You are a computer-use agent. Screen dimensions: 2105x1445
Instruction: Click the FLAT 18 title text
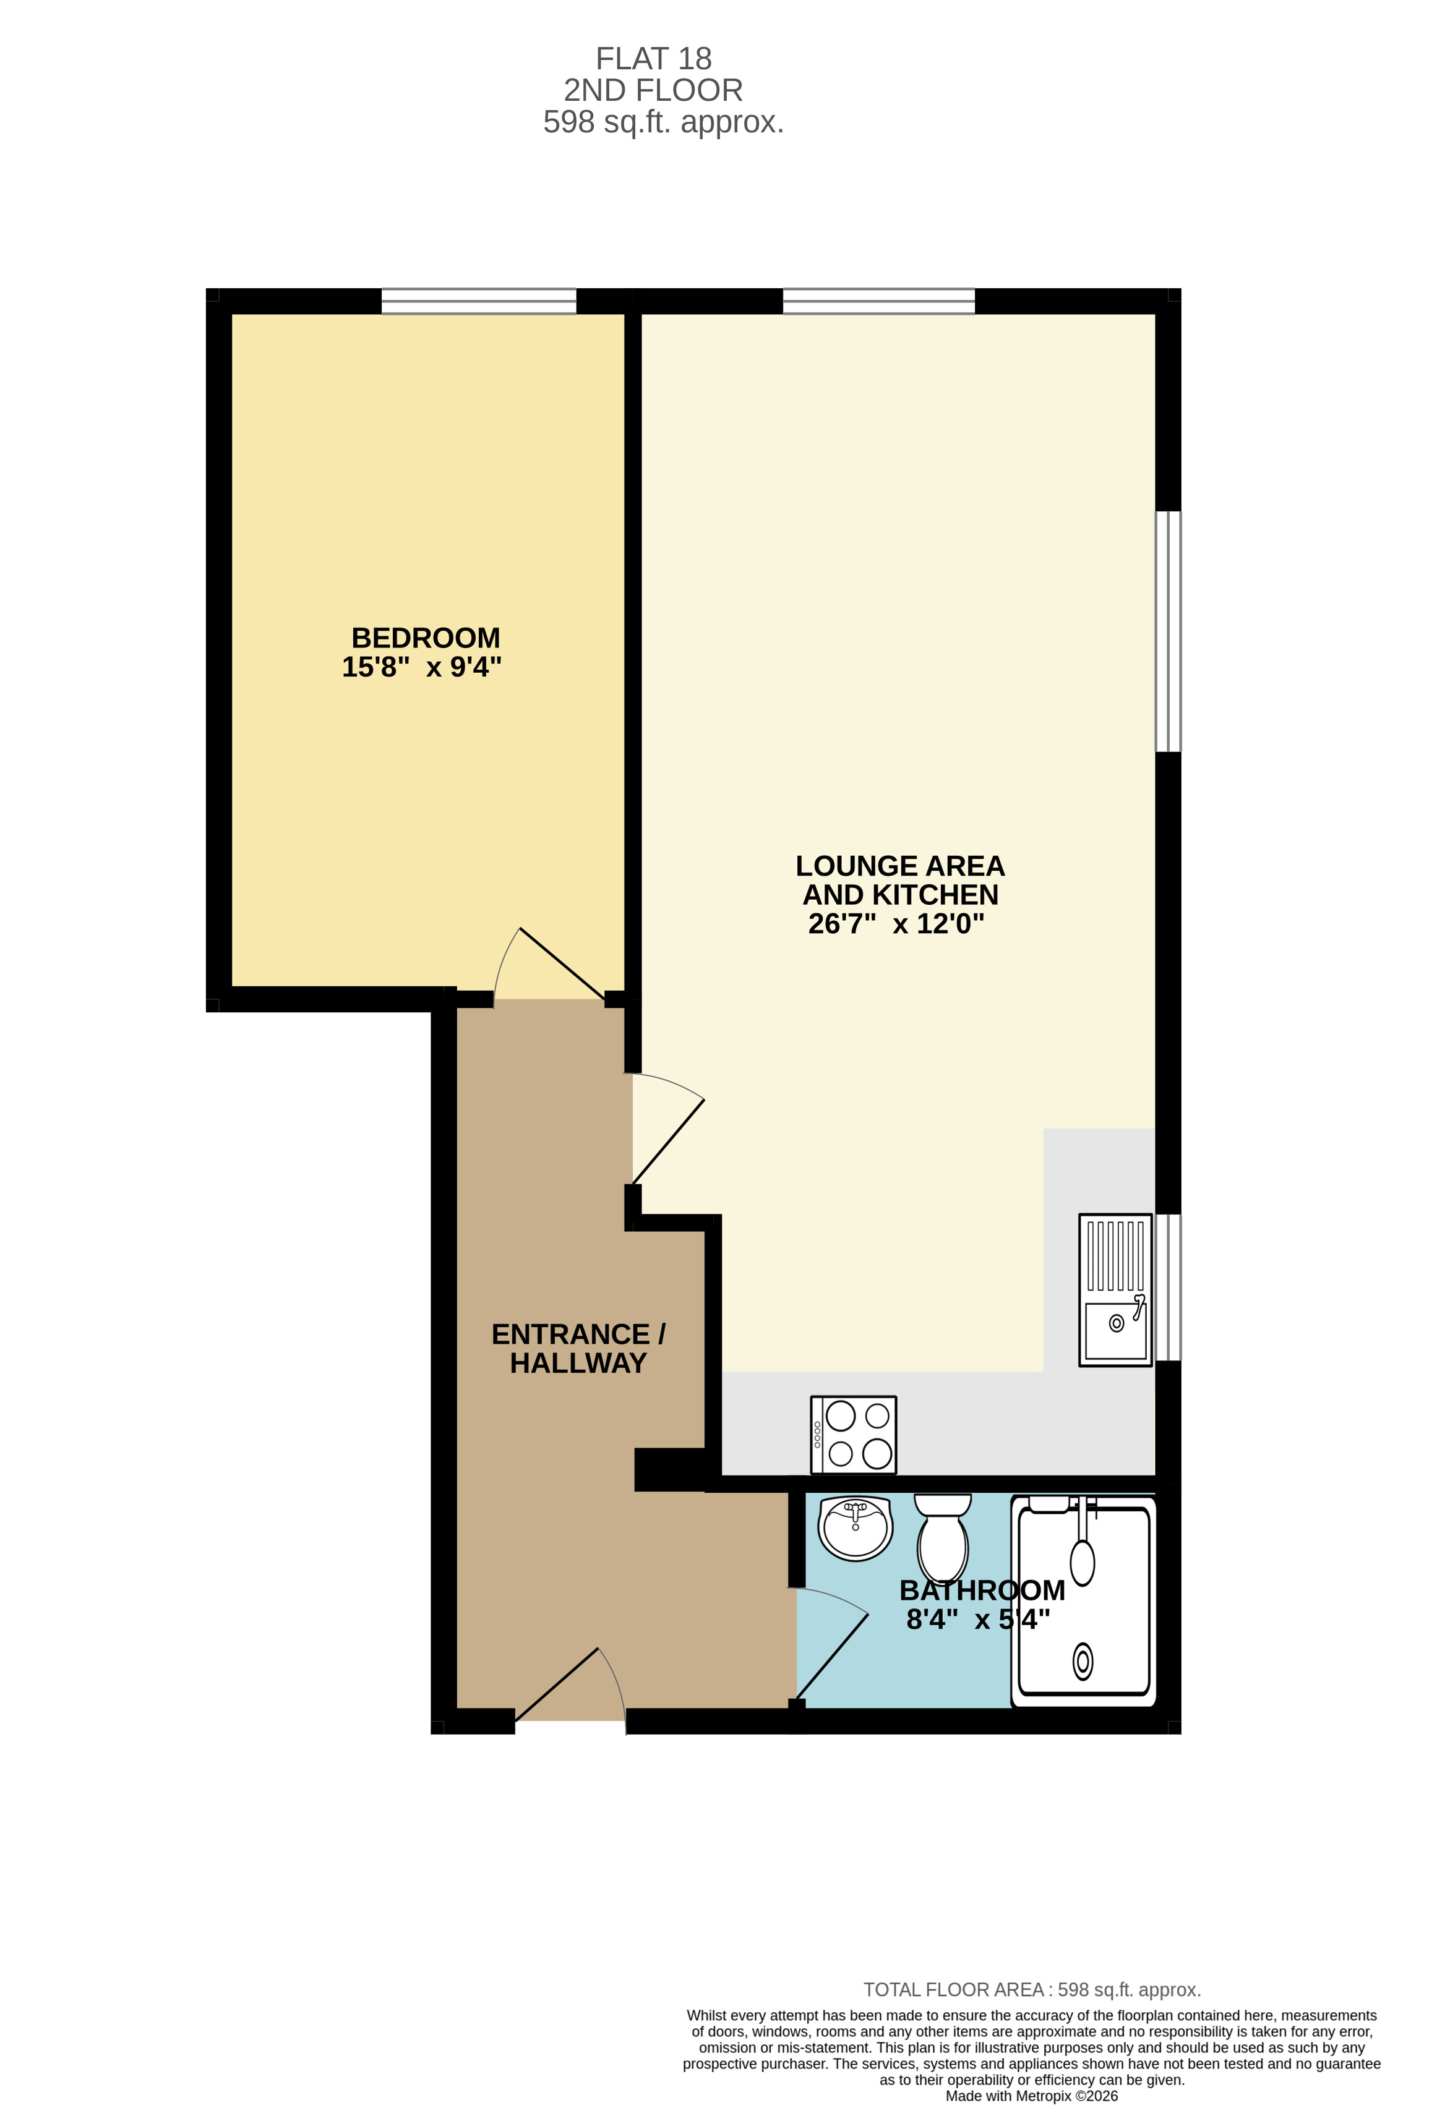(x=653, y=59)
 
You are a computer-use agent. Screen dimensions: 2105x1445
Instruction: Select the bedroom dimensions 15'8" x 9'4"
(x=421, y=667)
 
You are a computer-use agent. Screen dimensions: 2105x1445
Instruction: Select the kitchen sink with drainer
(x=1115, y=1290)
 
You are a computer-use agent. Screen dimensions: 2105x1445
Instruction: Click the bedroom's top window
(x=478, y=301)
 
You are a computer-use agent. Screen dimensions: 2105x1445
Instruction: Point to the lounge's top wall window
(x=879, y=301)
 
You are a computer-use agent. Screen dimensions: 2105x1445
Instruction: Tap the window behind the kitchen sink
(x=1168, y=1287)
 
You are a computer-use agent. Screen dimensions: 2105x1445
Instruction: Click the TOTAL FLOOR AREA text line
(x=1032, y=1990)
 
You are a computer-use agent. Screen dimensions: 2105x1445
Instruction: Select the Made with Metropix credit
(x=1032, y=2096)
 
